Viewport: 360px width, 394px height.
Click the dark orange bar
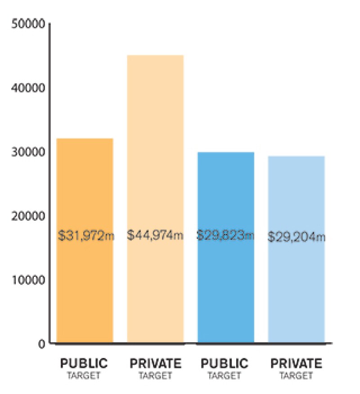(85, 279)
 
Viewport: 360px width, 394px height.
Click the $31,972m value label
(86, 235)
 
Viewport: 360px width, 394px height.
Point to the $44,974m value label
(155, 235)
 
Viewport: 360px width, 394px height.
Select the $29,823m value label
(225, 235)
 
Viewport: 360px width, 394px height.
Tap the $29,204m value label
(296, 237)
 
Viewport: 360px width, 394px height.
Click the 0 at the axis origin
(41, 344)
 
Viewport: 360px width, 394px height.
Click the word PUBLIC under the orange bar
(84, 363)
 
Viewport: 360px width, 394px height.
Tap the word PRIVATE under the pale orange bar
(155, 363)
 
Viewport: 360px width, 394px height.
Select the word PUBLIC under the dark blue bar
(225, 363)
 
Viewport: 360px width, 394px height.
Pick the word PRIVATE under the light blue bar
(296, 363)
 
